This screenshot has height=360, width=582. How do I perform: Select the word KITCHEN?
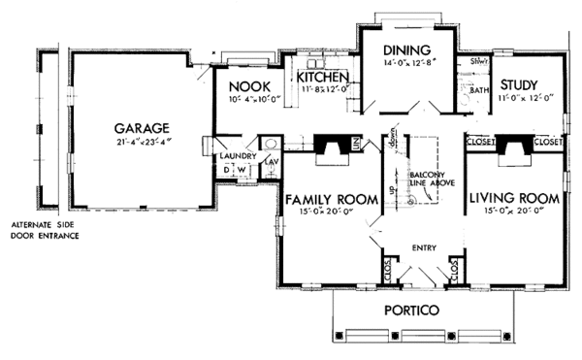(x=322, y=77)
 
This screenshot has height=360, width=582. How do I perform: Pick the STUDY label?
(x=525, y=84)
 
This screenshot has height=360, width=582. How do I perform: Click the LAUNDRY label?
(x=238, y=155)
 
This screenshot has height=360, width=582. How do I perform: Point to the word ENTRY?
(x=424, y=247)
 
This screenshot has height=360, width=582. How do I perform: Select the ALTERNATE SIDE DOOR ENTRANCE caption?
(x=39, y=230)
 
